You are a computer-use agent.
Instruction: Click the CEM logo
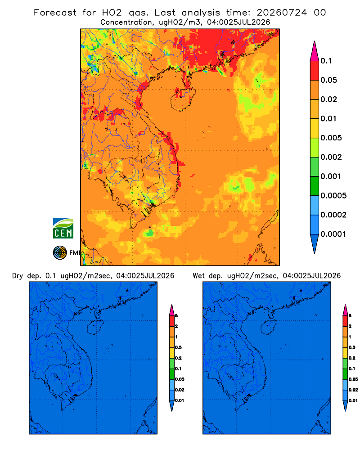pos(63,229)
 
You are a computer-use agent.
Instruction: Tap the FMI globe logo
pos(60,253)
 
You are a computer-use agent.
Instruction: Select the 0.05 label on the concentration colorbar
pos(328,80)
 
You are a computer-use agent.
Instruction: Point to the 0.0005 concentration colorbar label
pos(333,195)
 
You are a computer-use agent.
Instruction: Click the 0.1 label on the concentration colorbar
pos(326,61)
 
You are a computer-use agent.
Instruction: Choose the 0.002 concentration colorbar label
pos(331,157)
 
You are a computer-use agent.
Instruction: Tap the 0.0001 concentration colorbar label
pos(333,234)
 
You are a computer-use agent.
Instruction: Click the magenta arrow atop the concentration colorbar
pos(315,51)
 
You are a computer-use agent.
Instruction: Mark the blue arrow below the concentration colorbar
pos(315,243)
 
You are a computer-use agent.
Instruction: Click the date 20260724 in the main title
pos(282,13)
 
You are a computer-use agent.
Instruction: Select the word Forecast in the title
pos(55,13)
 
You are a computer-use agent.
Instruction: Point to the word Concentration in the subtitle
pos(126,22)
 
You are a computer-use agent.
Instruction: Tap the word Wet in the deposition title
pos(198,276)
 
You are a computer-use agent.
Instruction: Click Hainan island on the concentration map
pos(183,99)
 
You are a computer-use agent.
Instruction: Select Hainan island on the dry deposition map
pos(95,328)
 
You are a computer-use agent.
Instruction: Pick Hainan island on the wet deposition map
pos(269,328)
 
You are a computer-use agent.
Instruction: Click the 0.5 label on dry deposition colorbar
pos(178,347)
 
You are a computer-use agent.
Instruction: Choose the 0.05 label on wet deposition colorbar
pos(353,379)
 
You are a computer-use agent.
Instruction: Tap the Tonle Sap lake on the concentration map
pos(123,175)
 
